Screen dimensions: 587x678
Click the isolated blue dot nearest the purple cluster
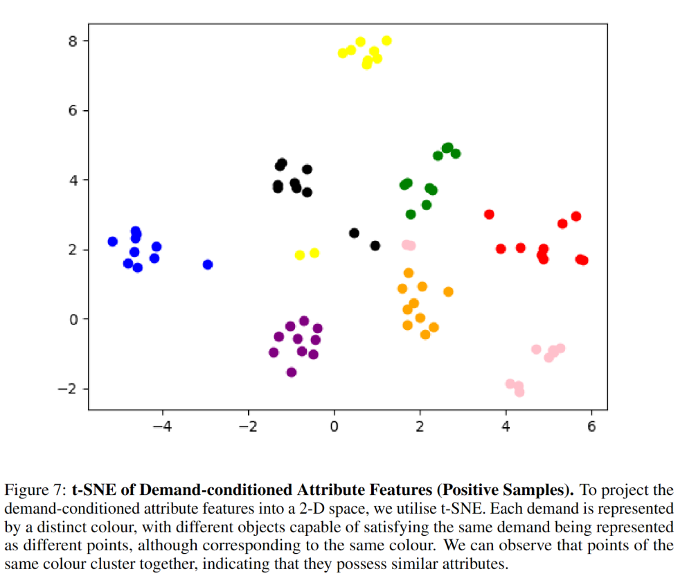208,264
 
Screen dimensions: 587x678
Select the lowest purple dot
292,372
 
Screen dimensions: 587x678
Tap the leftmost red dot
489,215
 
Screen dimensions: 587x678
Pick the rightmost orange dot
448,292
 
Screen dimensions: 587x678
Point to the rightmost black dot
375,246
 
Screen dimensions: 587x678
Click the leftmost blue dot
113,242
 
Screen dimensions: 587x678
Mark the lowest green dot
411,215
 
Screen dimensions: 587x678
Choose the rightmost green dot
456,154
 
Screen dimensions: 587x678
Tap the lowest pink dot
519,392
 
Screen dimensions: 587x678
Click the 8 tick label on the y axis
73,41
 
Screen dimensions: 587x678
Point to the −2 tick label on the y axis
67,389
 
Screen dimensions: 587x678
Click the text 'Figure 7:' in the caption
35,491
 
